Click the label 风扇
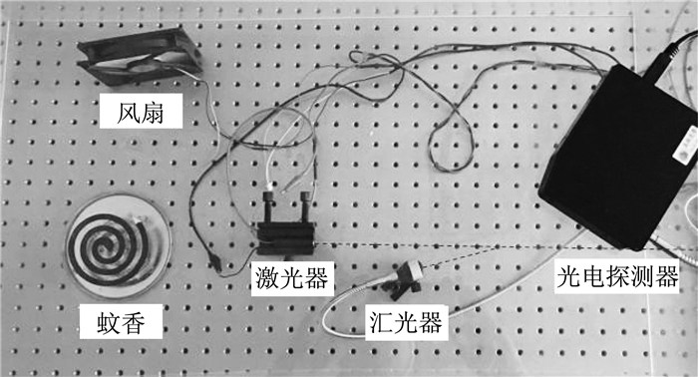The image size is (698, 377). (141, 113)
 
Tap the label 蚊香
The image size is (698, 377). (121, 322)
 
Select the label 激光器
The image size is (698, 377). (292, 277)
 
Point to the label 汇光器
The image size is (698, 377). (406, 321)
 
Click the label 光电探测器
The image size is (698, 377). (617, 276)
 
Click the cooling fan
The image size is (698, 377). (140, 56)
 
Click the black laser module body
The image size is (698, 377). (286, 238)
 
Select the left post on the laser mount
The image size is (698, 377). (268, 206)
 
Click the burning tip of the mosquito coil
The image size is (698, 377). (137, 219)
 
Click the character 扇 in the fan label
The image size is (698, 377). (154, 113)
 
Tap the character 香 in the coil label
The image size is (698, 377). (134, 322)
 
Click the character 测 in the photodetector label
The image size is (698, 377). (642, 276)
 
